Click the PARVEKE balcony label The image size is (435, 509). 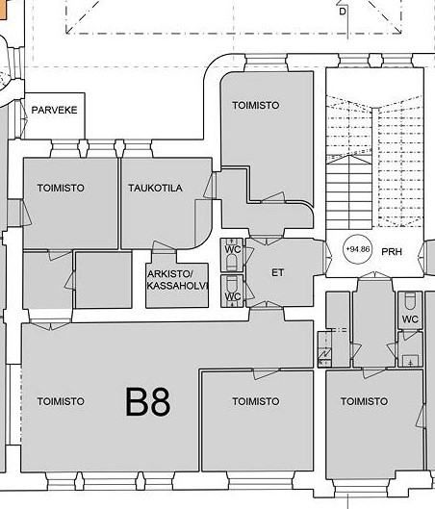[x=54, y=110]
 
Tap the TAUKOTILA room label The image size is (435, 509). [x=155, y=188]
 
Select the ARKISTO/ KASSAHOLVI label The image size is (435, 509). [x=177, y=279]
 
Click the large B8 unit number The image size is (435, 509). [x=147, y=401]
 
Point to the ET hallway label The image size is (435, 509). [x=277, y=272]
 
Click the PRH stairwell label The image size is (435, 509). [x=392, y=251]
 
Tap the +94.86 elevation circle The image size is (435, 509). [x=358, y=249]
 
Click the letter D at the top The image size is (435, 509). [x=343, y=12]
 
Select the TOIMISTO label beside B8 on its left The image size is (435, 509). [x=61, y=401]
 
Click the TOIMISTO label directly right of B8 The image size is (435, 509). [x=256, y=401]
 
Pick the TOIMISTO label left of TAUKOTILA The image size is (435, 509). [x=61, y=188]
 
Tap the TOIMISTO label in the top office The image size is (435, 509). [x=256, y=105]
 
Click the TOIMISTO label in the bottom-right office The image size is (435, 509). [x=364, y=401]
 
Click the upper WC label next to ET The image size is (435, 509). [x=233, y=249]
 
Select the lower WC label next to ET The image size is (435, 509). [x=233, y=296]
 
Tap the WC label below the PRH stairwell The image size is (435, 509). [x=410, y=319]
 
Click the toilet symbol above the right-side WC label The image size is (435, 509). [x=410, y=301]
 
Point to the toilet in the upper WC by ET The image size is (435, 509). [x=232, y=262]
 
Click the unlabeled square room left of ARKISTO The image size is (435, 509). [x=104, y=280]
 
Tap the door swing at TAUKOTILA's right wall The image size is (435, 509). [x=210, y=186]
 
